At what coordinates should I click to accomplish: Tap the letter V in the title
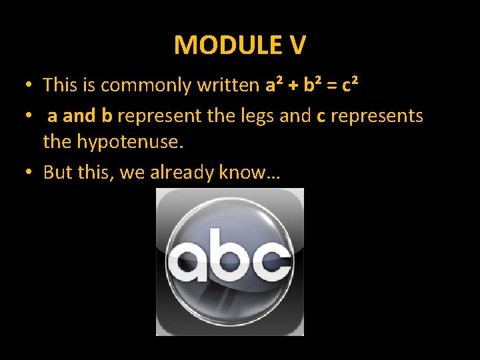click(298, 45)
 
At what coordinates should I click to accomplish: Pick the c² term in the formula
click(351, 85)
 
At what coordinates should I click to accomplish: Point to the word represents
click(377, 116)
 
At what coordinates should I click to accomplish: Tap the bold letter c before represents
click(321, 117)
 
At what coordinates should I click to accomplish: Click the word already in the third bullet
click(179, 173)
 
